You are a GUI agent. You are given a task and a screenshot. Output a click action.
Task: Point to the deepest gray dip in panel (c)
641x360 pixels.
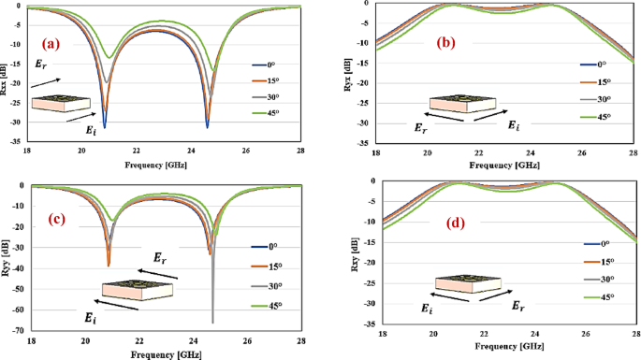pos(212,321)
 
